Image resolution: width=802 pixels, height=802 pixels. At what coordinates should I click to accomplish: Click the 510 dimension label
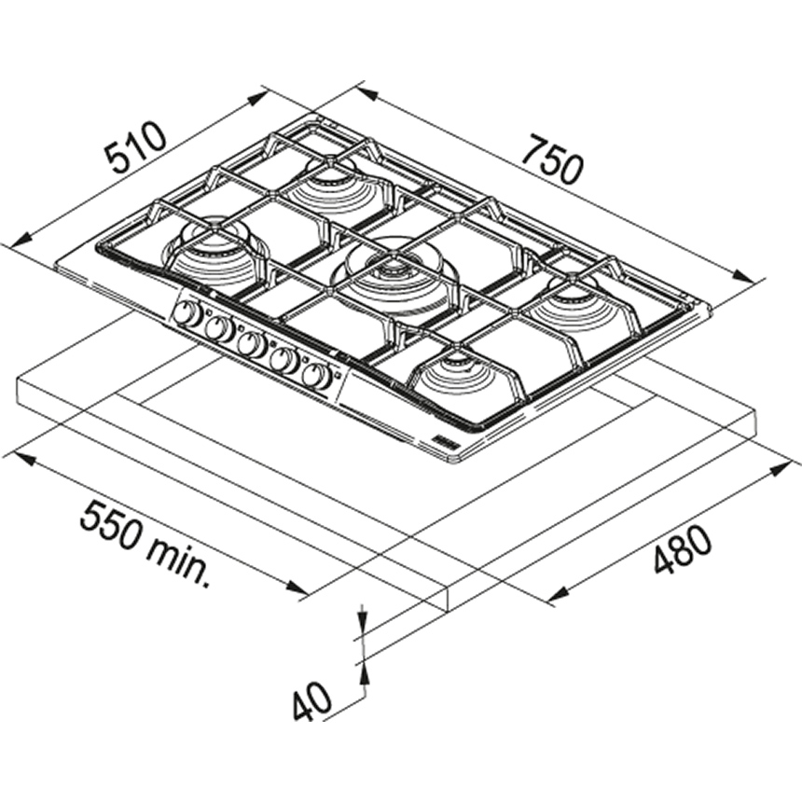pos(136,148)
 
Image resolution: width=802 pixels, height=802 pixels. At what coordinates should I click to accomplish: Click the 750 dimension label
pos(555,159)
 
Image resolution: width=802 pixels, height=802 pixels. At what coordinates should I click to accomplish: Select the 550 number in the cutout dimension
pos(111,528)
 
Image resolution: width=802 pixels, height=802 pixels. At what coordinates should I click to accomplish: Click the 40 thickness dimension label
pos(312,700)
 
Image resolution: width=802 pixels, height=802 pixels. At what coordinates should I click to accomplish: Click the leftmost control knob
pos(187,313)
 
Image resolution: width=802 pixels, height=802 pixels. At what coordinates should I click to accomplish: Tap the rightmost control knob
pos(315,377)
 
